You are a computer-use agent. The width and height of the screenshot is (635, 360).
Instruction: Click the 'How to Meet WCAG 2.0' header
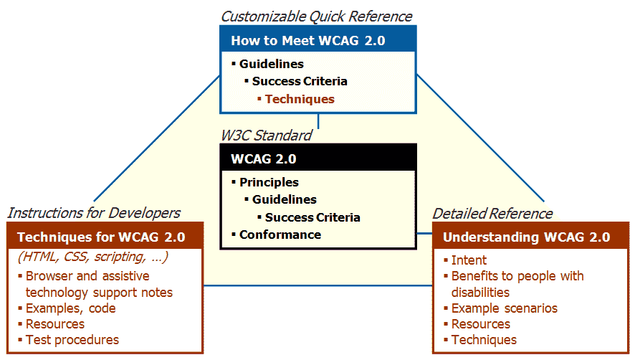[x=308, y=40]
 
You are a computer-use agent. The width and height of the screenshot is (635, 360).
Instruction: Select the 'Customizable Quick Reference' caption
[x=316, y=16]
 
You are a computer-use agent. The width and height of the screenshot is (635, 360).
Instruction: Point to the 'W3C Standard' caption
[x=266, y=135]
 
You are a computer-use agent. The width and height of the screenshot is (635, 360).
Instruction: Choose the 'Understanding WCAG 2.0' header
[x=526, y=237]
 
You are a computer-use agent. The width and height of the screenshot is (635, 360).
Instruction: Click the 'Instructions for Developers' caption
[x=93, y=212]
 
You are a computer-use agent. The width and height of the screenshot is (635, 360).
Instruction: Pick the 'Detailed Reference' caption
[x=492, y=213]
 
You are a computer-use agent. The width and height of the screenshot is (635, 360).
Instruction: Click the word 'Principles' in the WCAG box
[x=269, y=182]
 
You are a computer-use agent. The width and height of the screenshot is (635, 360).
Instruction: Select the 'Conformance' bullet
[x=280, y=235]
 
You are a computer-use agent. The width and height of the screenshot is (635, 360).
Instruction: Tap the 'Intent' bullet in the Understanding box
[x=469, y=260]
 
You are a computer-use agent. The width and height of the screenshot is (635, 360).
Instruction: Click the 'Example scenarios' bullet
[x=505, y=308]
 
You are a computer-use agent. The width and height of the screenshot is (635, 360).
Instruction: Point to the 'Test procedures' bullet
[x=72, y=340]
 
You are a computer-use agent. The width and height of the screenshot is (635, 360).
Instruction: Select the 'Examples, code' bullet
[x=70, y=308]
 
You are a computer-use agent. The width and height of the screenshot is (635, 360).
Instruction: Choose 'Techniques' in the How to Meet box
[x=300, y=99]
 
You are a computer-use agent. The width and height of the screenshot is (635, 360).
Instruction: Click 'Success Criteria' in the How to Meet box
[x=300, y=81]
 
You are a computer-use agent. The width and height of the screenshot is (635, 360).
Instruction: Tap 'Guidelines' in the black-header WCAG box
[x=284, y=199]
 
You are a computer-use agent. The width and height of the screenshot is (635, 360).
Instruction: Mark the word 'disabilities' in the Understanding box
[x=480, y=292]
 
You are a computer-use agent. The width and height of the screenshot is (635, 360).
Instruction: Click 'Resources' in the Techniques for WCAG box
[x=55, y=324]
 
